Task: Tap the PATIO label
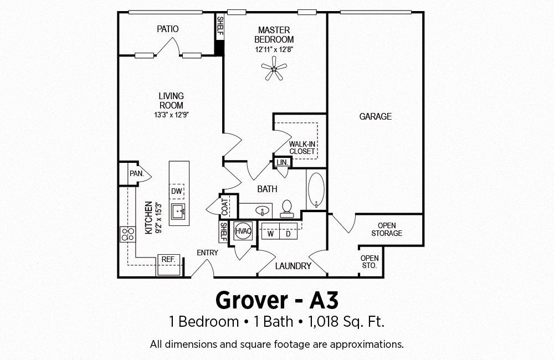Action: pyautogui.click(x=167, y=29)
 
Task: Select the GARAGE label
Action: pyautogui.click(x=375, y=116)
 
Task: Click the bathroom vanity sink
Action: pyautogui.click(x=263, y=210)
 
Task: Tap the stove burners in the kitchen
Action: pyautogui.click(x=128, y=234)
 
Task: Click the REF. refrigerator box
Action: pyautogui.click(x=168, y=260)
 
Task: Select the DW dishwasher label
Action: pyautogui.click(x=177, y=192)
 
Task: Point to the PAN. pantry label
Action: pyautogui.click(x=137, y=173)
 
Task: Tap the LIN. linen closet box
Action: pyautogui.click(x=283, y=162)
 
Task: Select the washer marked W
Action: pyautogui.click(x=271, y=234)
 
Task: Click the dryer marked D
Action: pyautogui.click(x=288, y=234)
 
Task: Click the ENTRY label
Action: pyautogui.click(x=207, y=253)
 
